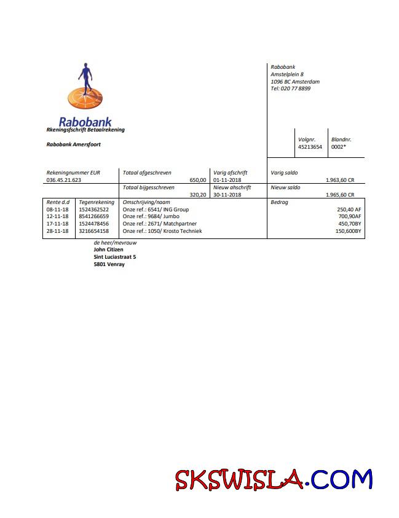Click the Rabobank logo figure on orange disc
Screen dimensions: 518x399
(85, 88)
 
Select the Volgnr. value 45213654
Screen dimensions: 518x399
(310, 147)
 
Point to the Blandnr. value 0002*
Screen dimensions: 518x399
(339, 147)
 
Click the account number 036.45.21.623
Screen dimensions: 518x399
(64, 180)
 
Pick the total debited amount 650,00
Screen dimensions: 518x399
(198, 180)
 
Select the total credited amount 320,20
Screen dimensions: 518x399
(198, 195)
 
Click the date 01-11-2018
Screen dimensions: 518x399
(228, 180)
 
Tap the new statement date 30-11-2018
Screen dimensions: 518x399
(228, 195)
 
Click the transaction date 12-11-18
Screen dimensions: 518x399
(58, 216)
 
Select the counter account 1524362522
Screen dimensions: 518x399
(94, 210)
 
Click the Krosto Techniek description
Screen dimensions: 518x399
(162, 231)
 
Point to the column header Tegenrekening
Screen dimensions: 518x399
(97, 202)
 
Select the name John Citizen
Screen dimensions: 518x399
(108, 249)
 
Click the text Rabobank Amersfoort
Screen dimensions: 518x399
(73, 144)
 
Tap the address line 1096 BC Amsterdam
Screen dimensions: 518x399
(294, 82)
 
